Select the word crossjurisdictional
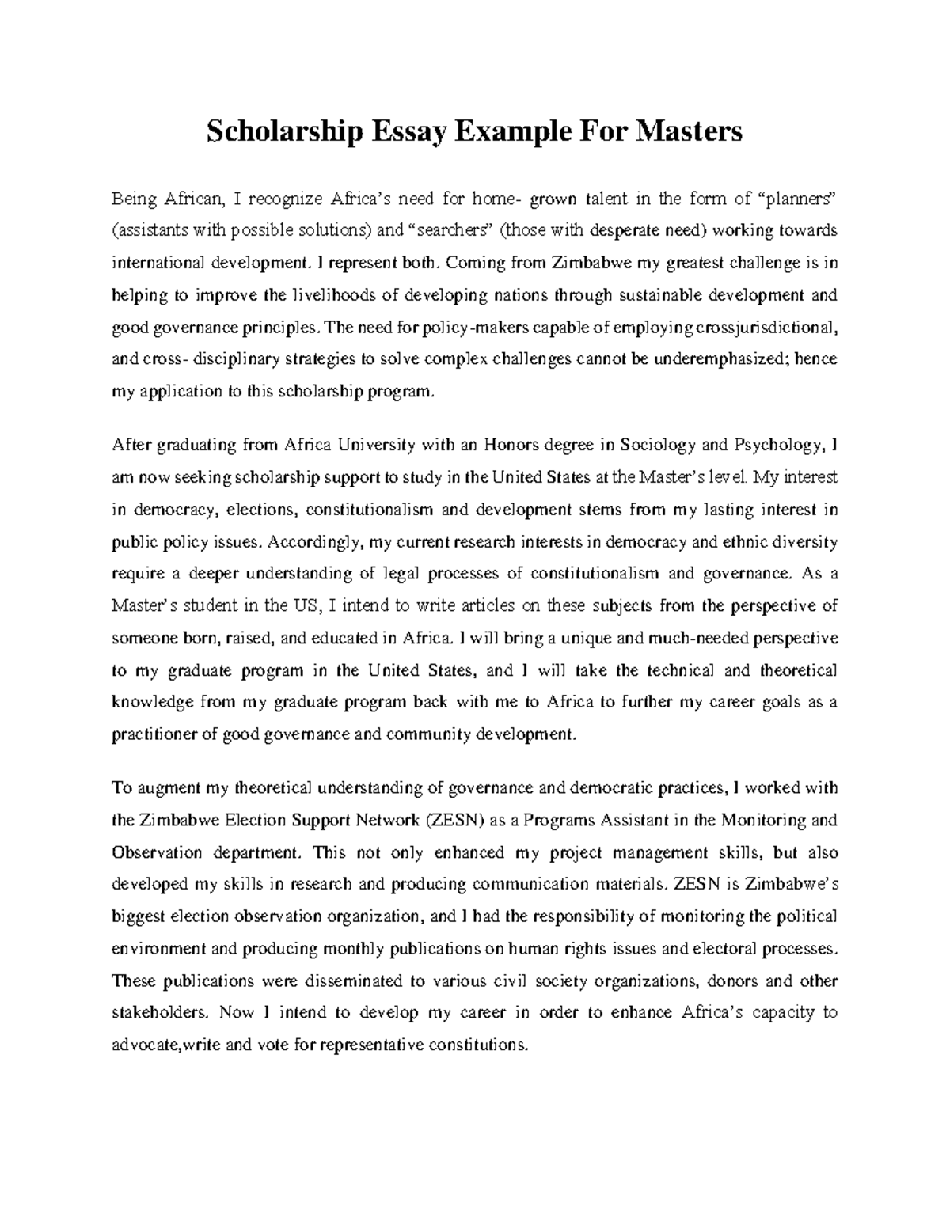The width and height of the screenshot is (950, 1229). [767, 328]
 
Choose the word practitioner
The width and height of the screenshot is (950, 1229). [155, 734]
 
